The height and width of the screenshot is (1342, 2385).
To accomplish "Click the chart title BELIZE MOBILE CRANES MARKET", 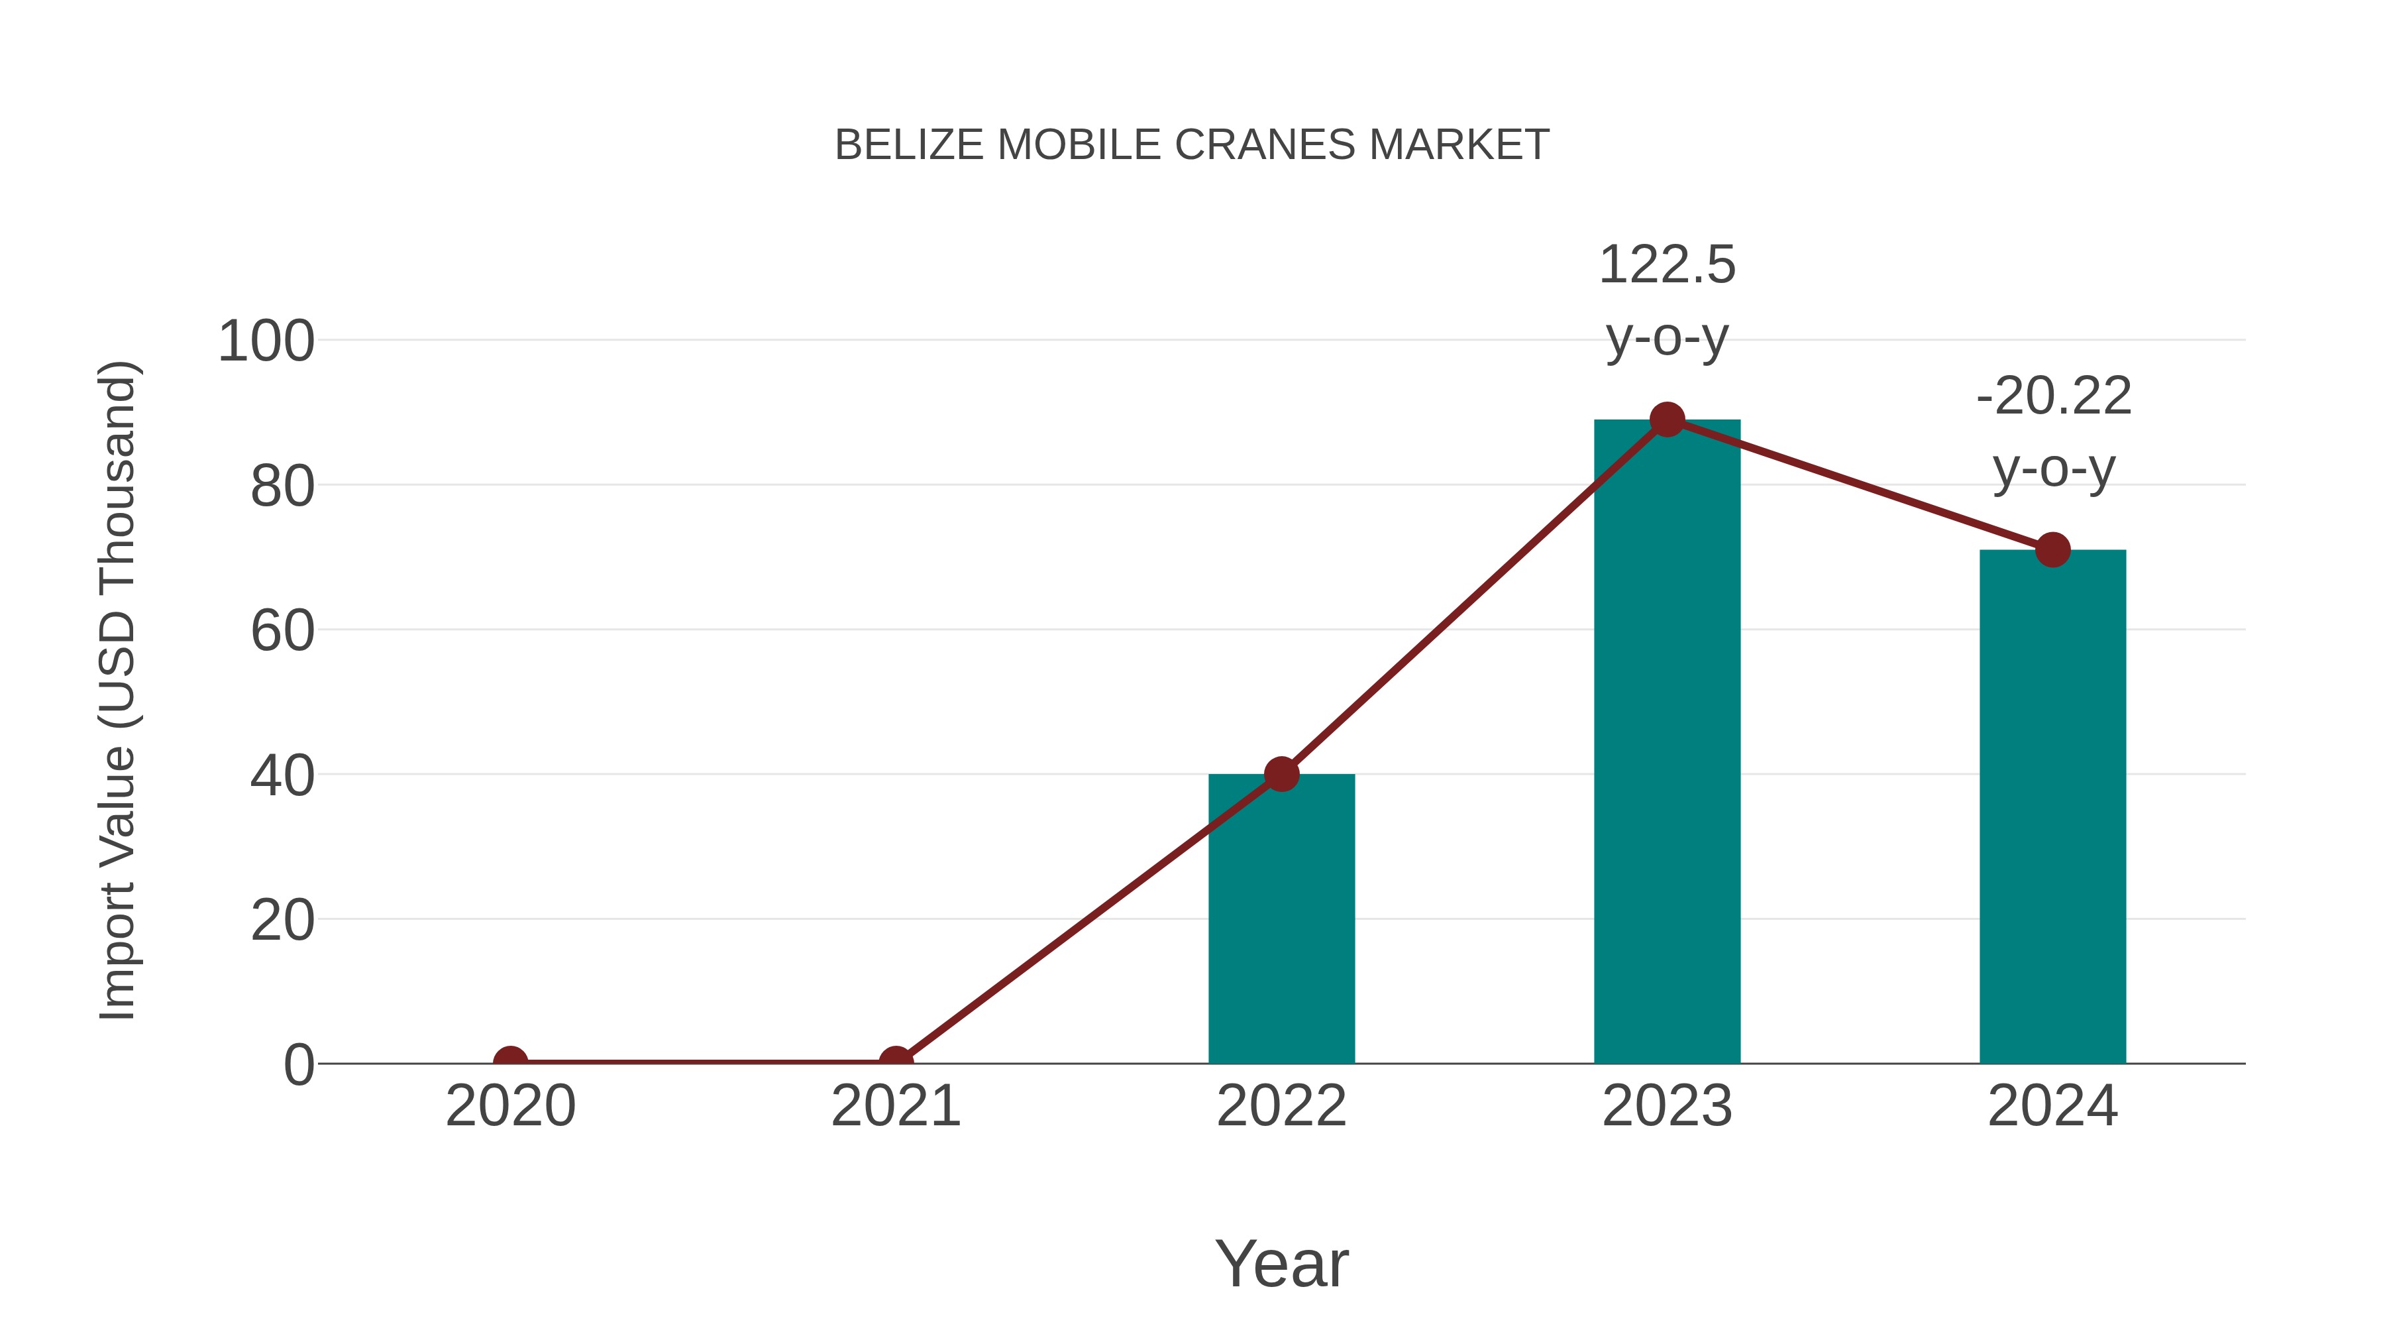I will [1192, 145].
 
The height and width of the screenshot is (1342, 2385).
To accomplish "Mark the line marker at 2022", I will [1281, 774].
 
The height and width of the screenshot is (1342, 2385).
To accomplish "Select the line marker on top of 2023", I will [1667, 420].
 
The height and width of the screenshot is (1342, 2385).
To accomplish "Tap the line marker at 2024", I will [2052, 550].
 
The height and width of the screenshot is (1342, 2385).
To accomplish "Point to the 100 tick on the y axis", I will [266, 342].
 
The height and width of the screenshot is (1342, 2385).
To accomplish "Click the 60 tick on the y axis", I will [282, 632].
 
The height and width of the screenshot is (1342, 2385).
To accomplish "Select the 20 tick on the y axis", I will [282, 922].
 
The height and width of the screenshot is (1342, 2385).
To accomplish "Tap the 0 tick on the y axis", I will [299, 1065].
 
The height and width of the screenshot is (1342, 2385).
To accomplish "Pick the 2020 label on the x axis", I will [510, 1106].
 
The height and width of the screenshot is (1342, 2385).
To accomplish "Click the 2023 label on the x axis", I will [1667, 1106].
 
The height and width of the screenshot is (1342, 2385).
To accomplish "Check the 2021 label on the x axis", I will [895, 1106].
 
